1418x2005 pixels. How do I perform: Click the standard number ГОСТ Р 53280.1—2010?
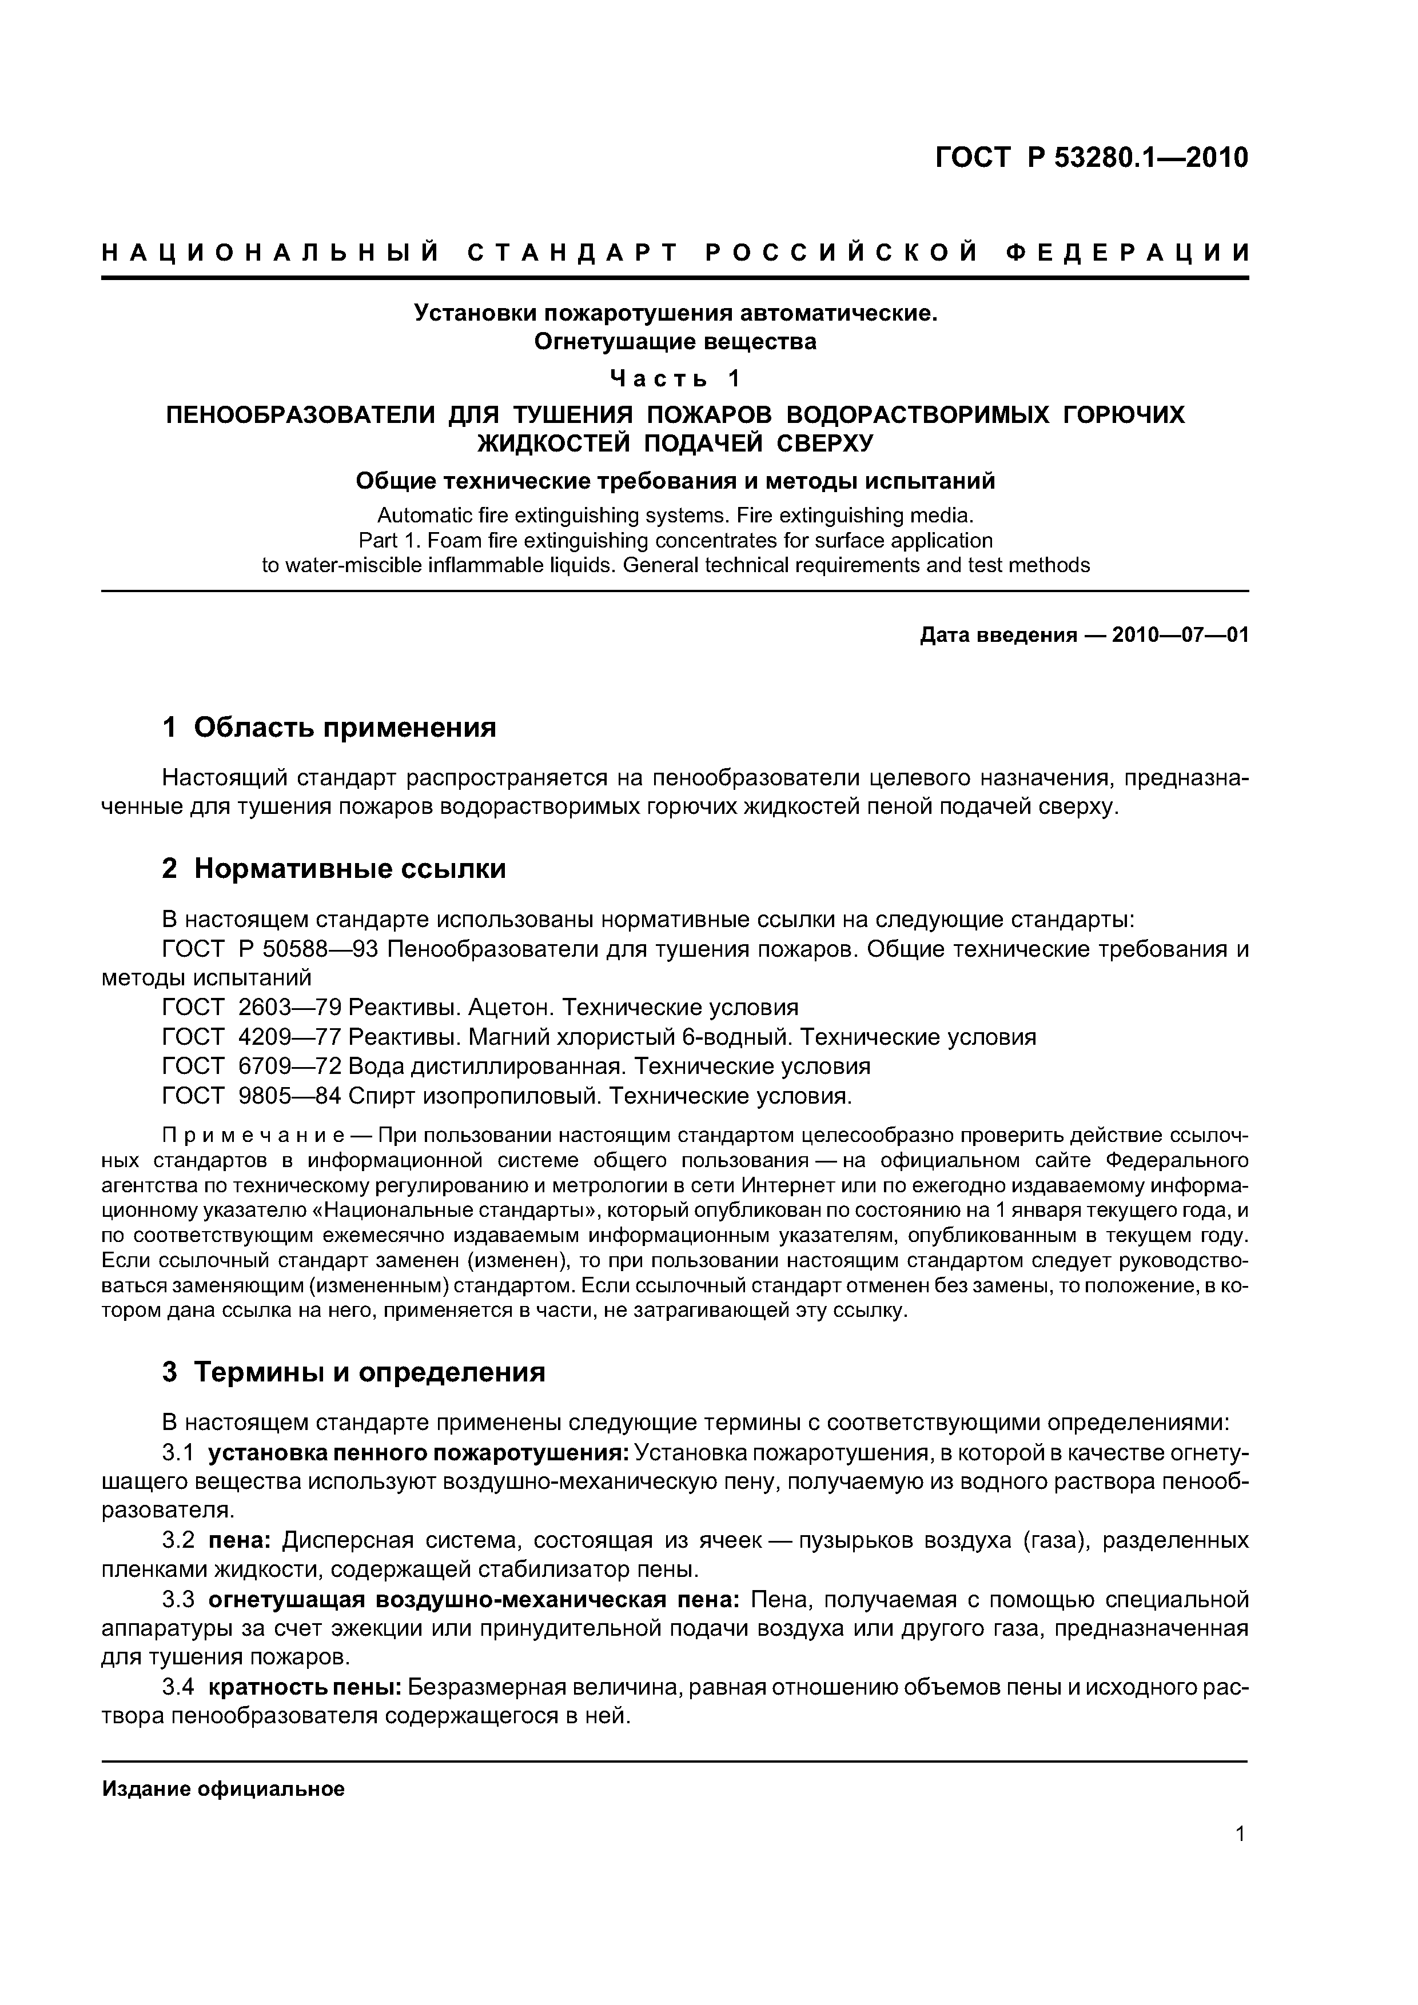1092,158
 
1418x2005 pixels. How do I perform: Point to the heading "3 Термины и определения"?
354,1372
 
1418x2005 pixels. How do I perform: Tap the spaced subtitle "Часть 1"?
675,378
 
